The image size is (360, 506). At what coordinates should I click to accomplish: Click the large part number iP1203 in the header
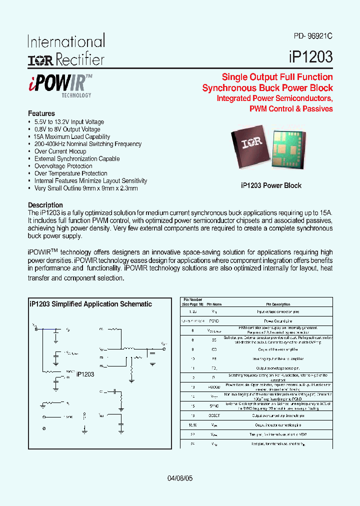[310, 56]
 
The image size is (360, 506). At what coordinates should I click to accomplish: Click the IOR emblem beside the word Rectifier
[40, 60]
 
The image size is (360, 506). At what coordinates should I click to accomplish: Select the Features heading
[41, 113]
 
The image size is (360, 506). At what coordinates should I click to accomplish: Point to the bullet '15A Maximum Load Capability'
[72, 136]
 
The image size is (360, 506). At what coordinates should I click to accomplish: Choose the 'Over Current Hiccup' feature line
[60, 151]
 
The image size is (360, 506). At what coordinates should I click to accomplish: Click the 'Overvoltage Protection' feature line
[63, 166]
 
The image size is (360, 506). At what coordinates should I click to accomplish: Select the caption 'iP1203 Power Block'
[271, 185]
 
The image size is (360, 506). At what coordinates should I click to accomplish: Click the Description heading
[45, 205]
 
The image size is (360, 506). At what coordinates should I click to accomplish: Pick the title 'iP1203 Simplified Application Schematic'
[90, 304]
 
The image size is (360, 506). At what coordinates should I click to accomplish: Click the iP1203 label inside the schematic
[85, 373]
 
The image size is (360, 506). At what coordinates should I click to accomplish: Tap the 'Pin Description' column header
[277, 304]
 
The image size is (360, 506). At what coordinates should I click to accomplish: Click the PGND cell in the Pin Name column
[214, 321]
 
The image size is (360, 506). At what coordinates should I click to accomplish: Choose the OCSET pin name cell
[214, 415]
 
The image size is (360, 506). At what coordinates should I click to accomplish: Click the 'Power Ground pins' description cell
[277, 321]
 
